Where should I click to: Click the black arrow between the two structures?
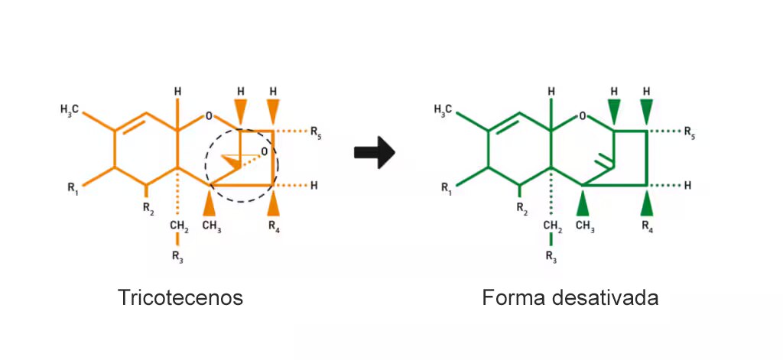click(375, 152)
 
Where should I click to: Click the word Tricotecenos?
click(180, 297)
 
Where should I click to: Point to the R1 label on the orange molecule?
click(73, 188)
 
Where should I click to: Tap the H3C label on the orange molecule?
click(70, 109)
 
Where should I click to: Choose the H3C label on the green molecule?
click(443, 109)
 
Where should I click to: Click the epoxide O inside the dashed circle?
click(264, 151)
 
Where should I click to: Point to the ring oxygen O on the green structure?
click(582, 116)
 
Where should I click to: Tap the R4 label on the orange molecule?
click(274, 225)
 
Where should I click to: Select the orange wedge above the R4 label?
click(274, 204)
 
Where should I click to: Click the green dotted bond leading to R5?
click(664, 131)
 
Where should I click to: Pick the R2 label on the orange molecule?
click(148, 208)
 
